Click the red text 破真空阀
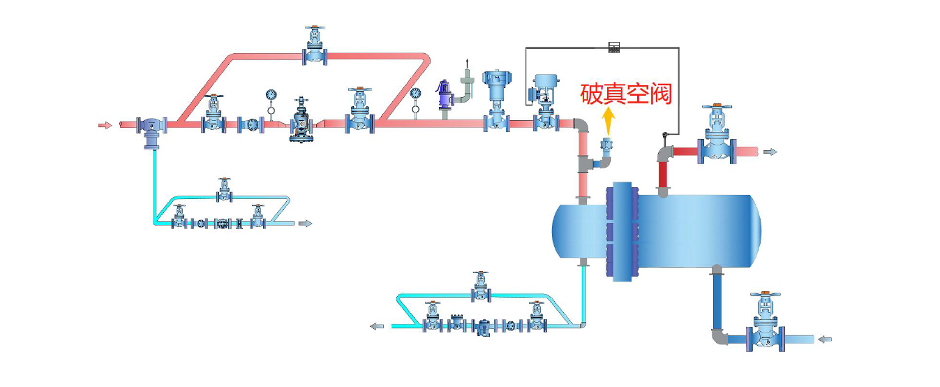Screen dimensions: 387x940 pos(627,94)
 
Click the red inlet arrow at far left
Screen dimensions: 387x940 pos(105,126)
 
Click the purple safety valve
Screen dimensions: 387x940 pos(442,96)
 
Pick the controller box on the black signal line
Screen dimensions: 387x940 pos(614,48)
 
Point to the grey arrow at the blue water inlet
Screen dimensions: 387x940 pos(825,339)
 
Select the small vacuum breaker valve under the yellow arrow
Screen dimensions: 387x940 pos(606,147)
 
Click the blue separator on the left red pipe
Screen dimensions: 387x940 pos(151,129)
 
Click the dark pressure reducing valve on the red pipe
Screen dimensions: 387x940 pos(303,120)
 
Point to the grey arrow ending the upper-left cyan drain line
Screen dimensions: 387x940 pos(305,224)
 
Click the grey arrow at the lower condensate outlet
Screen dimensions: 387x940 pos(377,326)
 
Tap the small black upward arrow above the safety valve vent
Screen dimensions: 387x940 pos(468,64)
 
